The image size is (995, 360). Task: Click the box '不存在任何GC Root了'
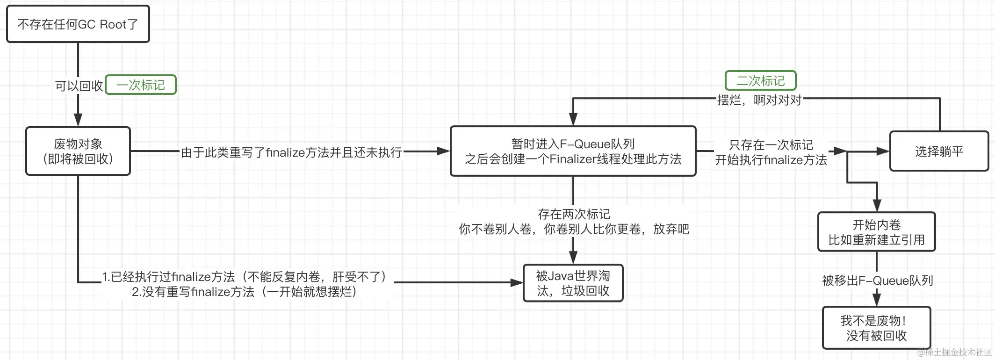coord(78,24)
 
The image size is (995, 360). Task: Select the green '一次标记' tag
coord(141,85)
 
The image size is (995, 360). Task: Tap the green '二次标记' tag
coord(760,81)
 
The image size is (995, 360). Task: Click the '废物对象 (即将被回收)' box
coord(78,151)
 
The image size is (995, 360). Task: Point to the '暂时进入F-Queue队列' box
coord(573,151)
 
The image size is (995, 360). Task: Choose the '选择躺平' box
coord(939,151)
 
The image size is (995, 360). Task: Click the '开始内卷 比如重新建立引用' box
coord(876,232)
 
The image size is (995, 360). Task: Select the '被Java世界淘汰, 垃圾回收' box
coord(573,283)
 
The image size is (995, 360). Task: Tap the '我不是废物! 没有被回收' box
coord(876,328)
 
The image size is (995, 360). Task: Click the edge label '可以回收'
coord(79,86)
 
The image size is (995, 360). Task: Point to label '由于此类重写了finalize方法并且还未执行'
coord(291,152)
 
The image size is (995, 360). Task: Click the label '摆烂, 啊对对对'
coord(759,100)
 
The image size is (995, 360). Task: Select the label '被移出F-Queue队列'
coord(877,281)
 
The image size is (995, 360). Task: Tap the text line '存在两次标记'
coord(574,214)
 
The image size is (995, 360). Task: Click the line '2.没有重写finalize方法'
coord(244,292)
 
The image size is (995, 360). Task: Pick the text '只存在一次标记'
coord(771,144)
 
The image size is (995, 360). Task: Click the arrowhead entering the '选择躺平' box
coord(883,151)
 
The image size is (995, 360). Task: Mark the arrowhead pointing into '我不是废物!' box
coord(877,300)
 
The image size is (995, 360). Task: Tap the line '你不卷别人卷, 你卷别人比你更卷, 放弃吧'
coord(574,229)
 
